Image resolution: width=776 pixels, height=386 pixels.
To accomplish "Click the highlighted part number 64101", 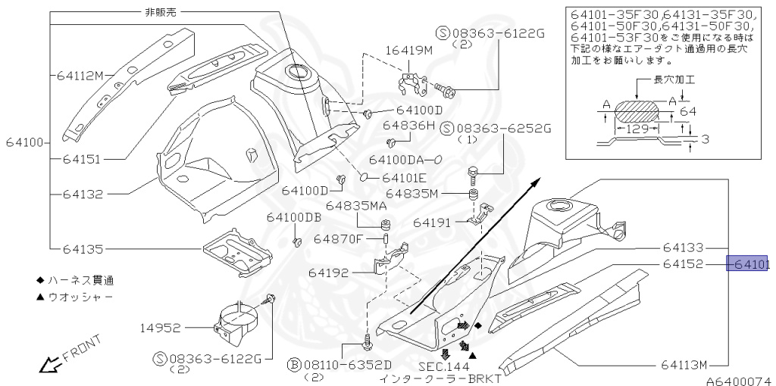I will pyautogui.click(x=748, y=264).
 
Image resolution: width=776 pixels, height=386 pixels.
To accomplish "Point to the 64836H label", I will pyautogui.click(x=408, y=124).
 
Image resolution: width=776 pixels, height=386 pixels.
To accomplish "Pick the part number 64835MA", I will pyautogui.click(x=356, y=205).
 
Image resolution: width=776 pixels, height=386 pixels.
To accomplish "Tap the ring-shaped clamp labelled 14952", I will pyautogui.click(x=241, y=322).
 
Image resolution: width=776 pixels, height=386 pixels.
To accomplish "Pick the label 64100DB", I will pyautogui.click(x=293, y=217).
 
